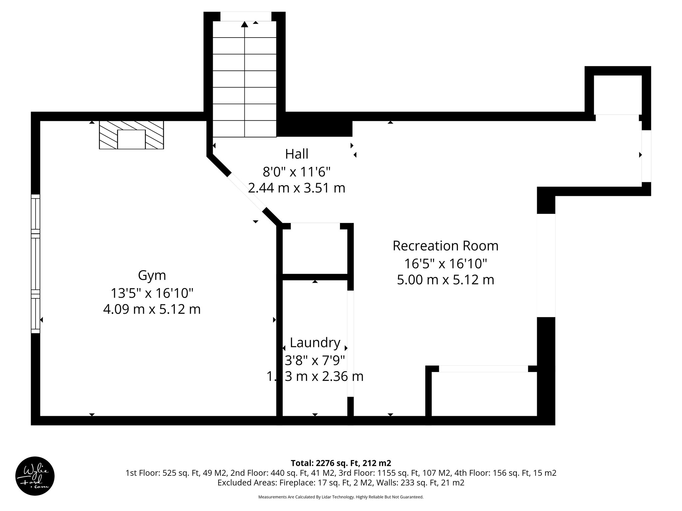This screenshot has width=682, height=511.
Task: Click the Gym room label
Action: (x=152, y=275)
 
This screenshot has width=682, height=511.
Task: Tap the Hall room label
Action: (x=296, y=154)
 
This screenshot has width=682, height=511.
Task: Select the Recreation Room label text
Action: (x=445, y=246)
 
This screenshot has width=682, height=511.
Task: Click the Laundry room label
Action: (x=315, y=342)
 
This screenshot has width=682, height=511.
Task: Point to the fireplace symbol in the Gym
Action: (x=131, y=135)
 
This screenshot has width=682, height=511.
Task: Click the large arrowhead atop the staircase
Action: (x=244, y=24)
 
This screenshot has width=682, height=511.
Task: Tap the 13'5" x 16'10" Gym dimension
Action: (x=152, y=293)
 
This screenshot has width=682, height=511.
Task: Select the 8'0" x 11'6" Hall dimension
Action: (x=296, y=172)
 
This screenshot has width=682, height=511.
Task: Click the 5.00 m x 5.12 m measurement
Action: (x=445, y=280)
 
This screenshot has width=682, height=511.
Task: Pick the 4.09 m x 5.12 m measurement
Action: (x=152, y=309)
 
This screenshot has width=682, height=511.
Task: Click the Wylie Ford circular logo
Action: (x=35, y=476)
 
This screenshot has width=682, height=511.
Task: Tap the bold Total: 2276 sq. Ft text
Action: (x=341, y=463)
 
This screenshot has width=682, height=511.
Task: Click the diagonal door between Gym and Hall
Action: (x=246, y=193)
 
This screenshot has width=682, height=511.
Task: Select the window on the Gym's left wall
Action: (x=36, y=263)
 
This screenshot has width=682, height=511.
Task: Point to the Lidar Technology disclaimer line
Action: (x=341, y=497)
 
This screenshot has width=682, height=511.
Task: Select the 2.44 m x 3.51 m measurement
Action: (x=296, y=188)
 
